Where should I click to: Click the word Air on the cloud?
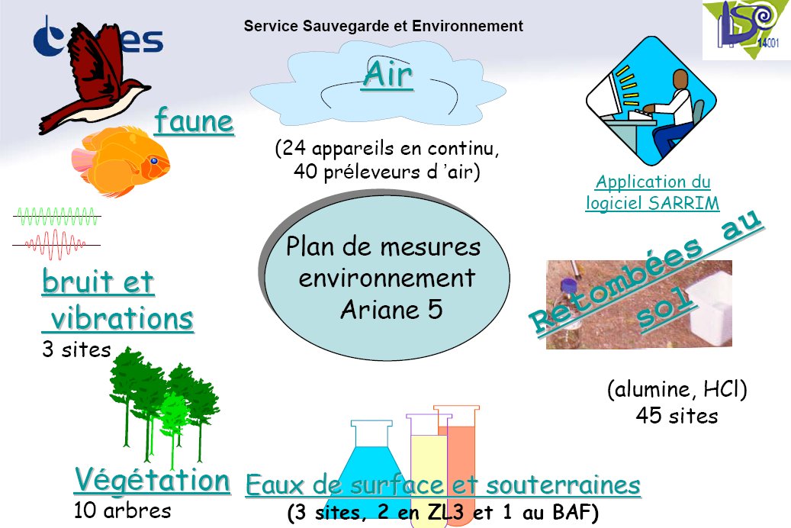coord(387,75)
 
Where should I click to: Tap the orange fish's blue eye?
coord(154,161)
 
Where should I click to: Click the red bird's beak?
coord(146,88)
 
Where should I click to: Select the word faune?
coord(195,121)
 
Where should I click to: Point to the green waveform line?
coord(56,216)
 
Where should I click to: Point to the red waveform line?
coord(56,245)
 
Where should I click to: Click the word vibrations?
coord(122,318)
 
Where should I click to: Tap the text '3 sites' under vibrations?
coord(76,349)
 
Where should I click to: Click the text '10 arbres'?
coord(123,510)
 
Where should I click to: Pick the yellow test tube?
coord(428,469)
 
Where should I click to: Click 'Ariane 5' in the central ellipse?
coord(391,310)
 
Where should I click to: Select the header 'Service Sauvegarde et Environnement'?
coord(384,26)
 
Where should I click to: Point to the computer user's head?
coord(680,81)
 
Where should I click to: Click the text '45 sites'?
coord(677,416)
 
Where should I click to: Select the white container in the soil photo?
coord(710,308)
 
